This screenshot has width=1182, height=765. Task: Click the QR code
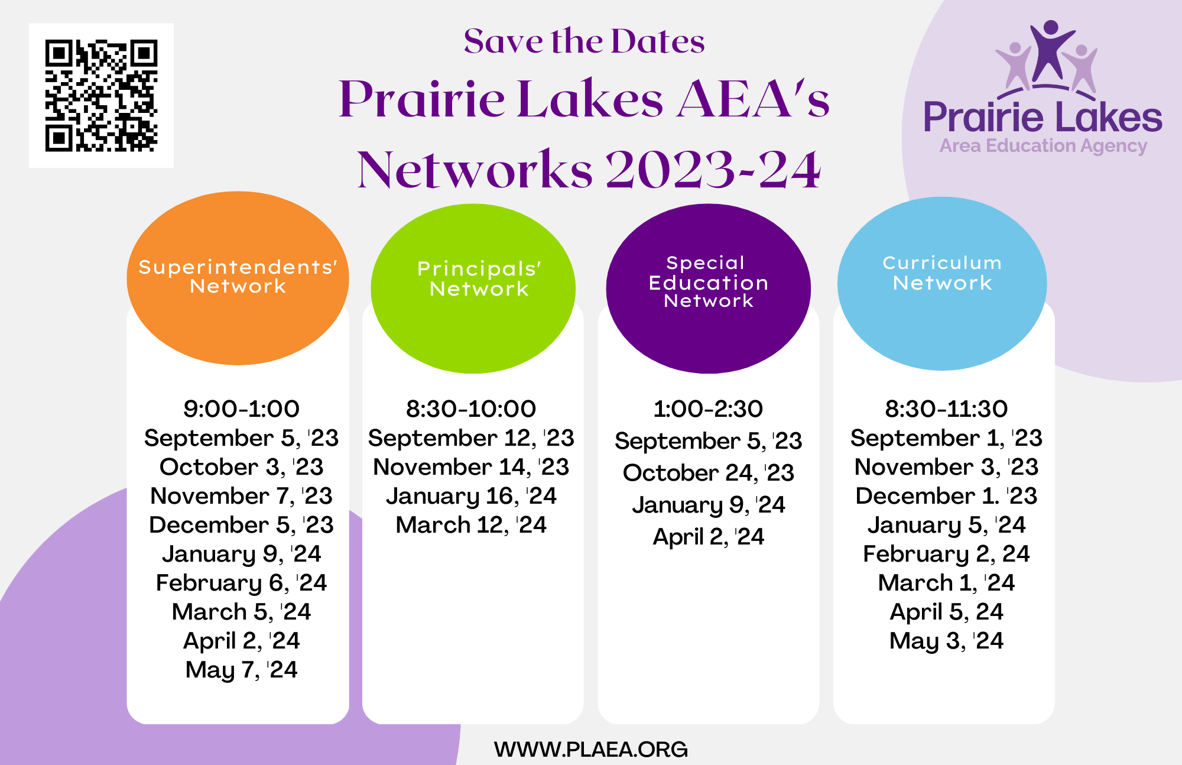pyautogui.click(x=101, y=95)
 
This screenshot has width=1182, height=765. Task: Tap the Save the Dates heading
pyautogui.click(x=584, y=41)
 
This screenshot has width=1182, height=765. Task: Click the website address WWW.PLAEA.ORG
pyautogui.click(x=591, y=749)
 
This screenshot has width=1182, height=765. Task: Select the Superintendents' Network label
pyautogui.click(x=238, y=276)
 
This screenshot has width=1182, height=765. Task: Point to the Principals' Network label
pyautogui.click(x=479, y=278)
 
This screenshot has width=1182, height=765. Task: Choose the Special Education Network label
pyautogui.click(x=708, y=281)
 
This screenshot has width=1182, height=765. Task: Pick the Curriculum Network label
pyautogui.click(x=942, y=273)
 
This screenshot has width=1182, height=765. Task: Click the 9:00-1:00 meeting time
pyautogui.click(x=241, y=409)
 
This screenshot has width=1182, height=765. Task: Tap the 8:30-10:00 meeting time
pyautogui.click(x=471, y=409)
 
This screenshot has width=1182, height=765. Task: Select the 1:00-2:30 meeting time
pyautogui.click(x=708, y=409)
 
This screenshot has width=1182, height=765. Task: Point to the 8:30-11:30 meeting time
pyautogui.click(x=946, y=409)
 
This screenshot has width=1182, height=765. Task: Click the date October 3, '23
pyautogui.click(x=241, y=467)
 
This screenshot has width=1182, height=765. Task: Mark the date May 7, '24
pyautogui.click(x=241, y=670)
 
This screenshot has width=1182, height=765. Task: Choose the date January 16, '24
pyautogui.click(x=471, y=496)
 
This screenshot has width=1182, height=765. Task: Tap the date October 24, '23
pyautogui.click(x=708, y=472)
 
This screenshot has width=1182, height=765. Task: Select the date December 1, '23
pyautogui.click(x=946, y=496)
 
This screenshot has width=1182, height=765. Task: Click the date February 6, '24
pyautogui.click(x=241, y=583)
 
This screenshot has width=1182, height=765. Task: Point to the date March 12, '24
pyautogui.click(x=471, y=525)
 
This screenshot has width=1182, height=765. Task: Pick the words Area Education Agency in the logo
pyautogui.click(x=1043, y=146)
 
